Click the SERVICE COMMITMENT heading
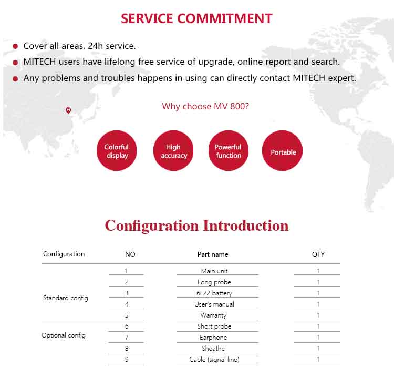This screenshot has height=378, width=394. [x=196, y=18]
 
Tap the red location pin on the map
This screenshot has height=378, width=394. [x=68, y=110]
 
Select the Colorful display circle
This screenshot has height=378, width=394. [x=117, y=150]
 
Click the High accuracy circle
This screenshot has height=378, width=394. [x=173, y=150]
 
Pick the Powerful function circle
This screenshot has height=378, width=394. [x=229, y=150]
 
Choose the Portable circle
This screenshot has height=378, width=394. [x=282, y=150]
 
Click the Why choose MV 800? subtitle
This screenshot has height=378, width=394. [x=205, y=106]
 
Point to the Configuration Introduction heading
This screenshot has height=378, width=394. [x=196, y=226]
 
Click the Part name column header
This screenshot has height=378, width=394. [x=213, y=254]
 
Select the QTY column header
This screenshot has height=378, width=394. [x=318, y=254]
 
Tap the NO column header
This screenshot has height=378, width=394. [x=130, y=254]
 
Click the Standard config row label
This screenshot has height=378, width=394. [x=66, y=298]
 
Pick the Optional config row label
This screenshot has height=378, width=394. [x=64, y=335]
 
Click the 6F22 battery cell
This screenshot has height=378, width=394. [x=214, y=293]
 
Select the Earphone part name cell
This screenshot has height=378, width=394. [x=213, y=338]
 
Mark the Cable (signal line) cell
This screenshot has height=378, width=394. [x=214, y=360]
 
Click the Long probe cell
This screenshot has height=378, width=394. [x=214, y=282]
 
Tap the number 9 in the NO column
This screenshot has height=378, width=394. [x=127, y=360]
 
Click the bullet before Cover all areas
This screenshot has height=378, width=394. [x=15, y=46]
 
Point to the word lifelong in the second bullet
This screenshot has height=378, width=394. [x=120, y=62]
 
